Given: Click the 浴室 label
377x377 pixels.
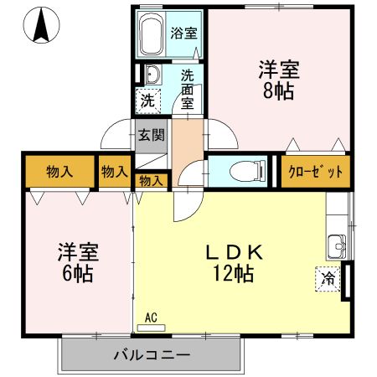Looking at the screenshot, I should tap(183, 34).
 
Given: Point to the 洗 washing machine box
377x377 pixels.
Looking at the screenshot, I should tap(148, 101).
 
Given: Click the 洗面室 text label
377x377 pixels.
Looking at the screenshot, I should tap(188, 88).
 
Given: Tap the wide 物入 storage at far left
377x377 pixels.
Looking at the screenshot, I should tap(59, 172).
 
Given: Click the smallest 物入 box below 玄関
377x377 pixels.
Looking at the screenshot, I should tap(152, 180).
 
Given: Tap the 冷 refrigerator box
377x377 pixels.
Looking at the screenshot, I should tap(329, 278).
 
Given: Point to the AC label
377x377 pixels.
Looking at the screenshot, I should tap(151, 318).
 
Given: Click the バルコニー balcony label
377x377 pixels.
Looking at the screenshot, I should tap(152, 355).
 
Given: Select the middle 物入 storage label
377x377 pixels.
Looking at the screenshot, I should tap(115, 172).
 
